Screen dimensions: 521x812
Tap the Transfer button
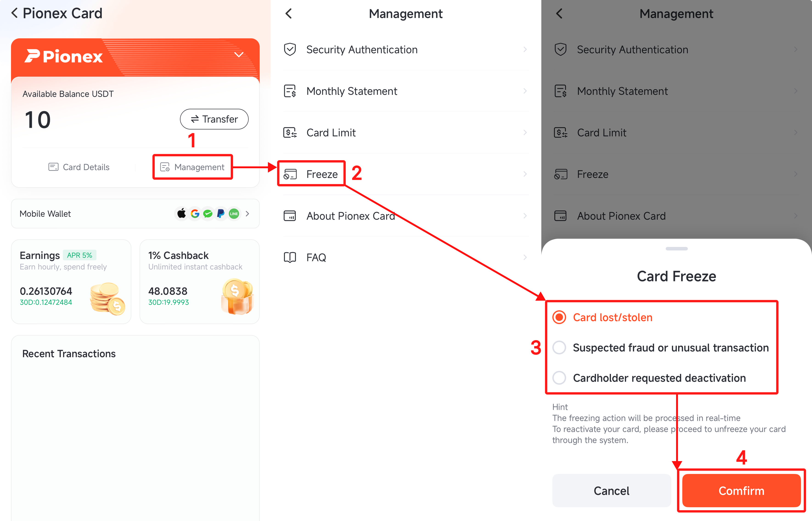click(214, 119)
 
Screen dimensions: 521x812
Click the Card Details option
click(79, 167)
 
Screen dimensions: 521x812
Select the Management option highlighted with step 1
click(193, 167)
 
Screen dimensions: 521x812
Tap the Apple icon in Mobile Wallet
click(182, 213)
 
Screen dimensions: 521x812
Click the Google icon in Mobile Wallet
click(195, 213)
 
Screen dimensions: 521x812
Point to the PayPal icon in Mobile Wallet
click(221, 213)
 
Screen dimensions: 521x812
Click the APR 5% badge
click(79, 255)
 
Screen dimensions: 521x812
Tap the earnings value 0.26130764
click(46, 291)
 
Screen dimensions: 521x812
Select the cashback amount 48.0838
click(168, 291)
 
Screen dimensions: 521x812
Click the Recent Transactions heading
click(69, 353)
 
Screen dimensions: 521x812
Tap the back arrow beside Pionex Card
click(14, 13)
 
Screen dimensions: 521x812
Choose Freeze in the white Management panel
click(322, 174)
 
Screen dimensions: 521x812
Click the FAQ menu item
click(316, 258)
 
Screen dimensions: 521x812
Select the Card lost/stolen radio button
click(559, 317)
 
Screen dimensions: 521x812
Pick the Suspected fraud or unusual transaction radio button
click(559, 347)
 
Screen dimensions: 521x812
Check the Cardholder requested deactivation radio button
click(559, 378)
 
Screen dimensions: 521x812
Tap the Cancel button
click(611, 490)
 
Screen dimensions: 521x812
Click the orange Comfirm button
click(741, 490)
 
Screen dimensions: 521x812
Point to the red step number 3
click(536, 348)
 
